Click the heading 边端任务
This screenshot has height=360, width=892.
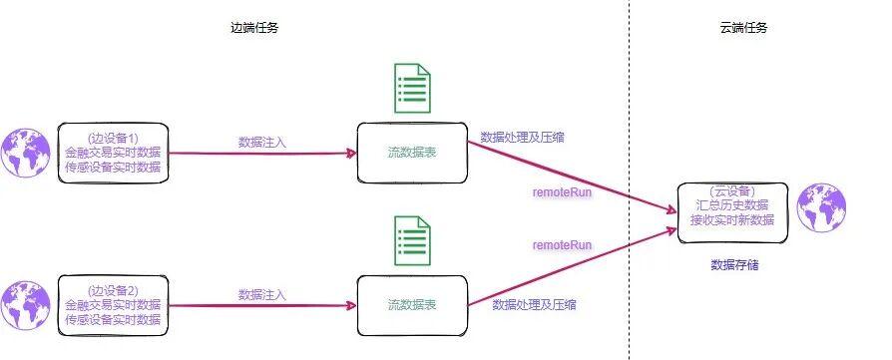(x=254, y=28)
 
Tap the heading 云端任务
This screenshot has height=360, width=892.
(x=742, y=28)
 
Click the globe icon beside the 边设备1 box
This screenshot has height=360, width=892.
(x=25, y=153)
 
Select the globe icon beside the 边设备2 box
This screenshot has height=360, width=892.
(x=25, y=306)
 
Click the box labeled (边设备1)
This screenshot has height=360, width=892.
(x=113, y=153)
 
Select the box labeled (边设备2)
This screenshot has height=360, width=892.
(x=113, y=305)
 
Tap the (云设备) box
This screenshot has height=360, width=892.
(x=732, y=211)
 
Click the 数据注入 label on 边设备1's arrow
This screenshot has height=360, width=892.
(x=262, y=143)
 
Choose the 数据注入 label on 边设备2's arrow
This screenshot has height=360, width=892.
(x=262, y=294)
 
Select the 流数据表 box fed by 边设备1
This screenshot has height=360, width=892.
(x=412, y=153)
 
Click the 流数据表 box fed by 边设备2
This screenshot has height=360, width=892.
(x=412, y=305)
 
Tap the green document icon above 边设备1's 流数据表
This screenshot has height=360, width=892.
(x=412, y=89)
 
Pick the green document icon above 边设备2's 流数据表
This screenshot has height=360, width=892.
(x=412, y=242)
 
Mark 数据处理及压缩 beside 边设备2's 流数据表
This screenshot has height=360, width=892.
(x=534, y=304)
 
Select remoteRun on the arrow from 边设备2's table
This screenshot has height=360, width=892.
(x=562, y=244)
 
